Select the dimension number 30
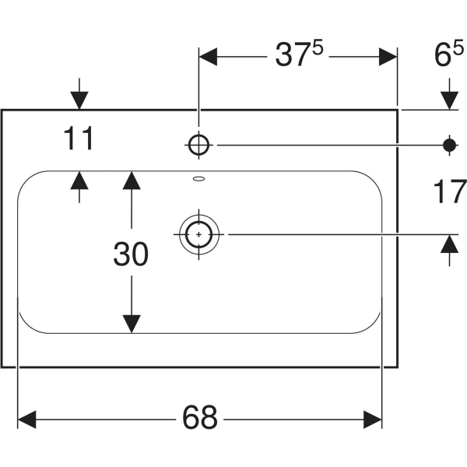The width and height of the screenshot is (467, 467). coord(131,254)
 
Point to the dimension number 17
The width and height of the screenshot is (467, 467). coord(449,191)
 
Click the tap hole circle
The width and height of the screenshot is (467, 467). coord(198,143)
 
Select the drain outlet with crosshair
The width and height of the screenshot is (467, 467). coord(200,233)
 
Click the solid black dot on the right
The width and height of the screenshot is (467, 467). coord(449,143)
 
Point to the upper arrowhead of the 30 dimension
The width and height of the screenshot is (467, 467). coord(132,181)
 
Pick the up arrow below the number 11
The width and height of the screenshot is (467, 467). coord(79,181)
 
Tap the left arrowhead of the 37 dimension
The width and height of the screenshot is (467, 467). coord(210,57)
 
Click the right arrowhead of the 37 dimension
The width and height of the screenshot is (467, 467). coord(388,57)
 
